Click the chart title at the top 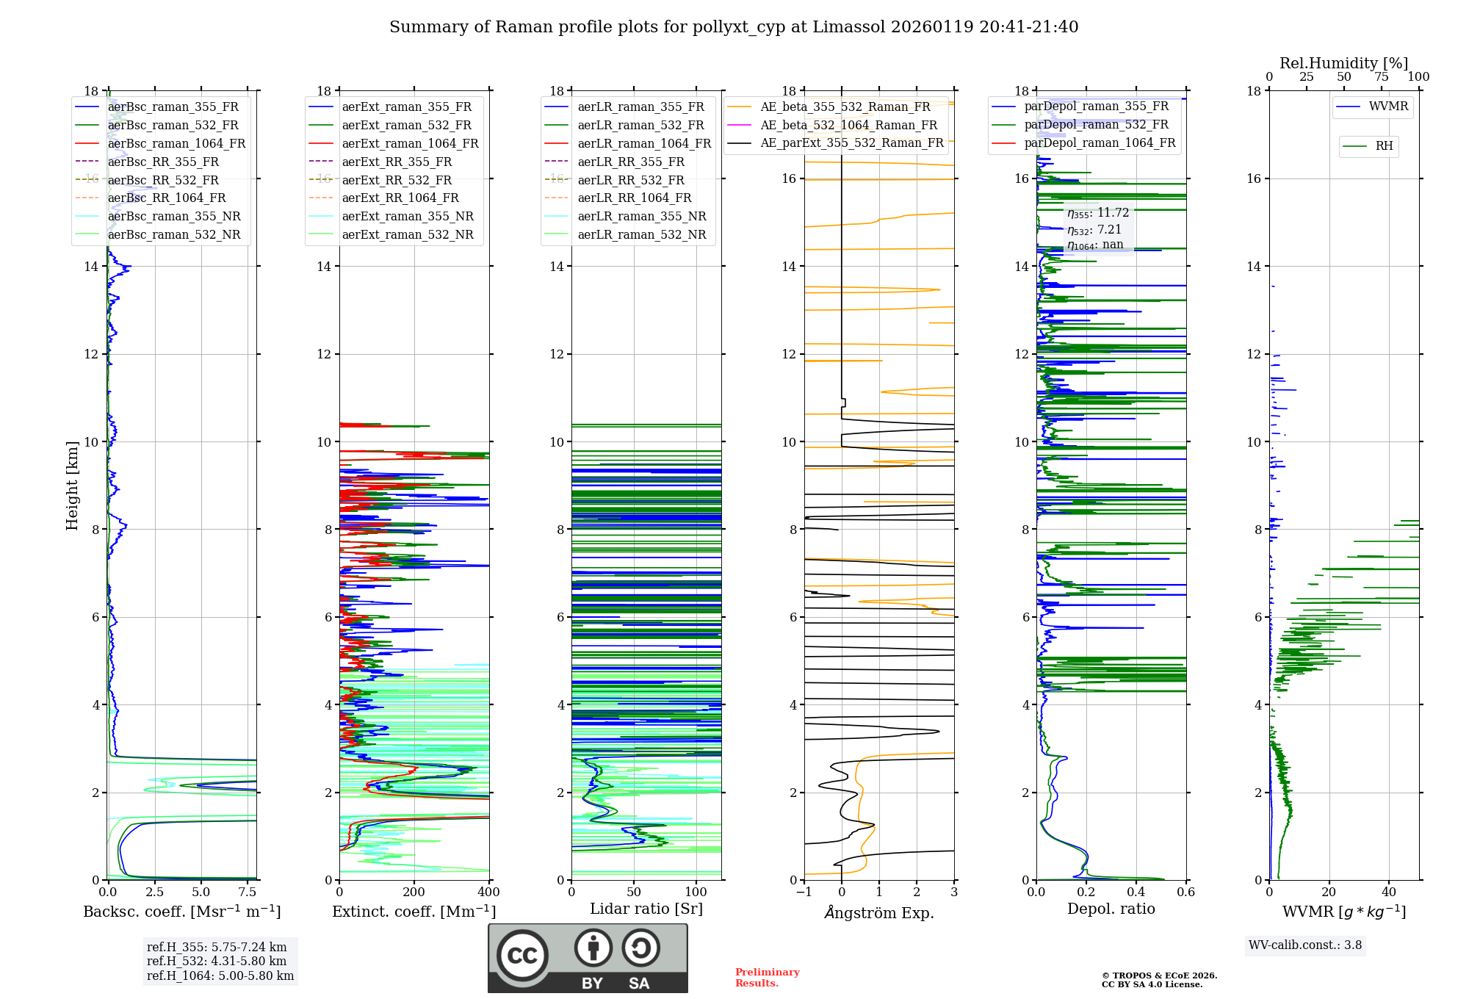(x=734, y=27)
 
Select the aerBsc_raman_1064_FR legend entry (x=176, y=143)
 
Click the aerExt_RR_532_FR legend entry (x=397, y=180)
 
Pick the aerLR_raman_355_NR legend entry (x=641, y=216)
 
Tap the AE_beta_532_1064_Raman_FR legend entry (x=848, y=125)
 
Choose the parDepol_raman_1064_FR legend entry (x=1100, y=143)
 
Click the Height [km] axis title (x=72, y=486)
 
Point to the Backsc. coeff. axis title (x=181, y=912)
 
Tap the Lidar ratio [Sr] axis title (x=646, y=909)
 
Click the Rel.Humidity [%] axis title (x=1343, y=63)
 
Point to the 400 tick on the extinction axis (x=488, y=892)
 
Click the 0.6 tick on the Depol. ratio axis (x=1185, y=892)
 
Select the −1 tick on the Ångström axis (x=804, y=892)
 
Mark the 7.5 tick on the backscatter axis (x=248, y=892)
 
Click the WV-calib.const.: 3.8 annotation (x=1305, y=945)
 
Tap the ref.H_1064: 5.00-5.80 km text (x=220, y=976)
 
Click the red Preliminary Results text (x=767, y=978)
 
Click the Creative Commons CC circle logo (x=522, y=956)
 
